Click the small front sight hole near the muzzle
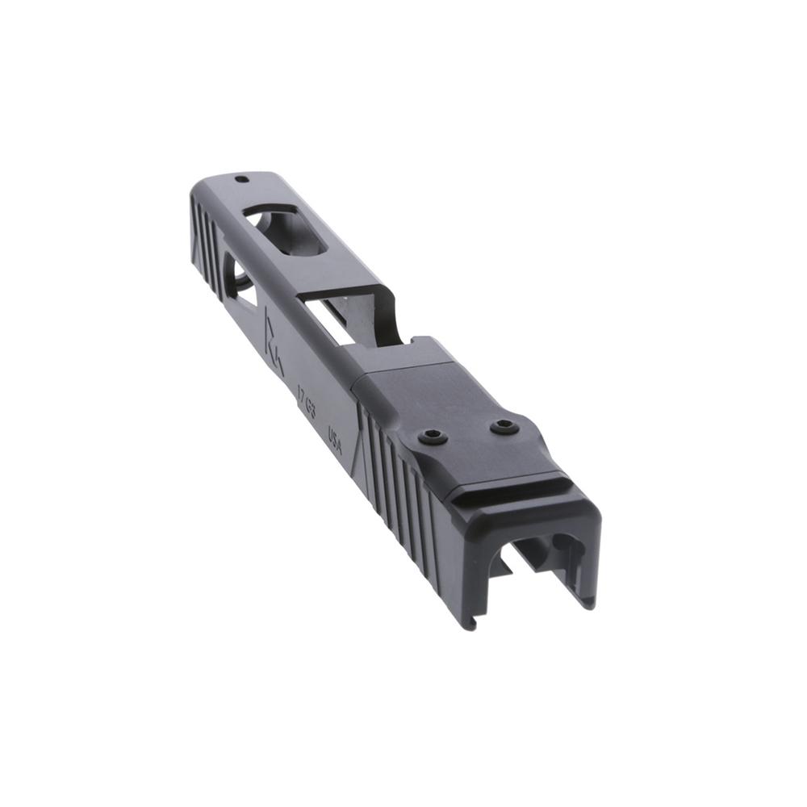click(240, 181)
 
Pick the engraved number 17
click(300, 393)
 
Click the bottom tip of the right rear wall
click(594, 601)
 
